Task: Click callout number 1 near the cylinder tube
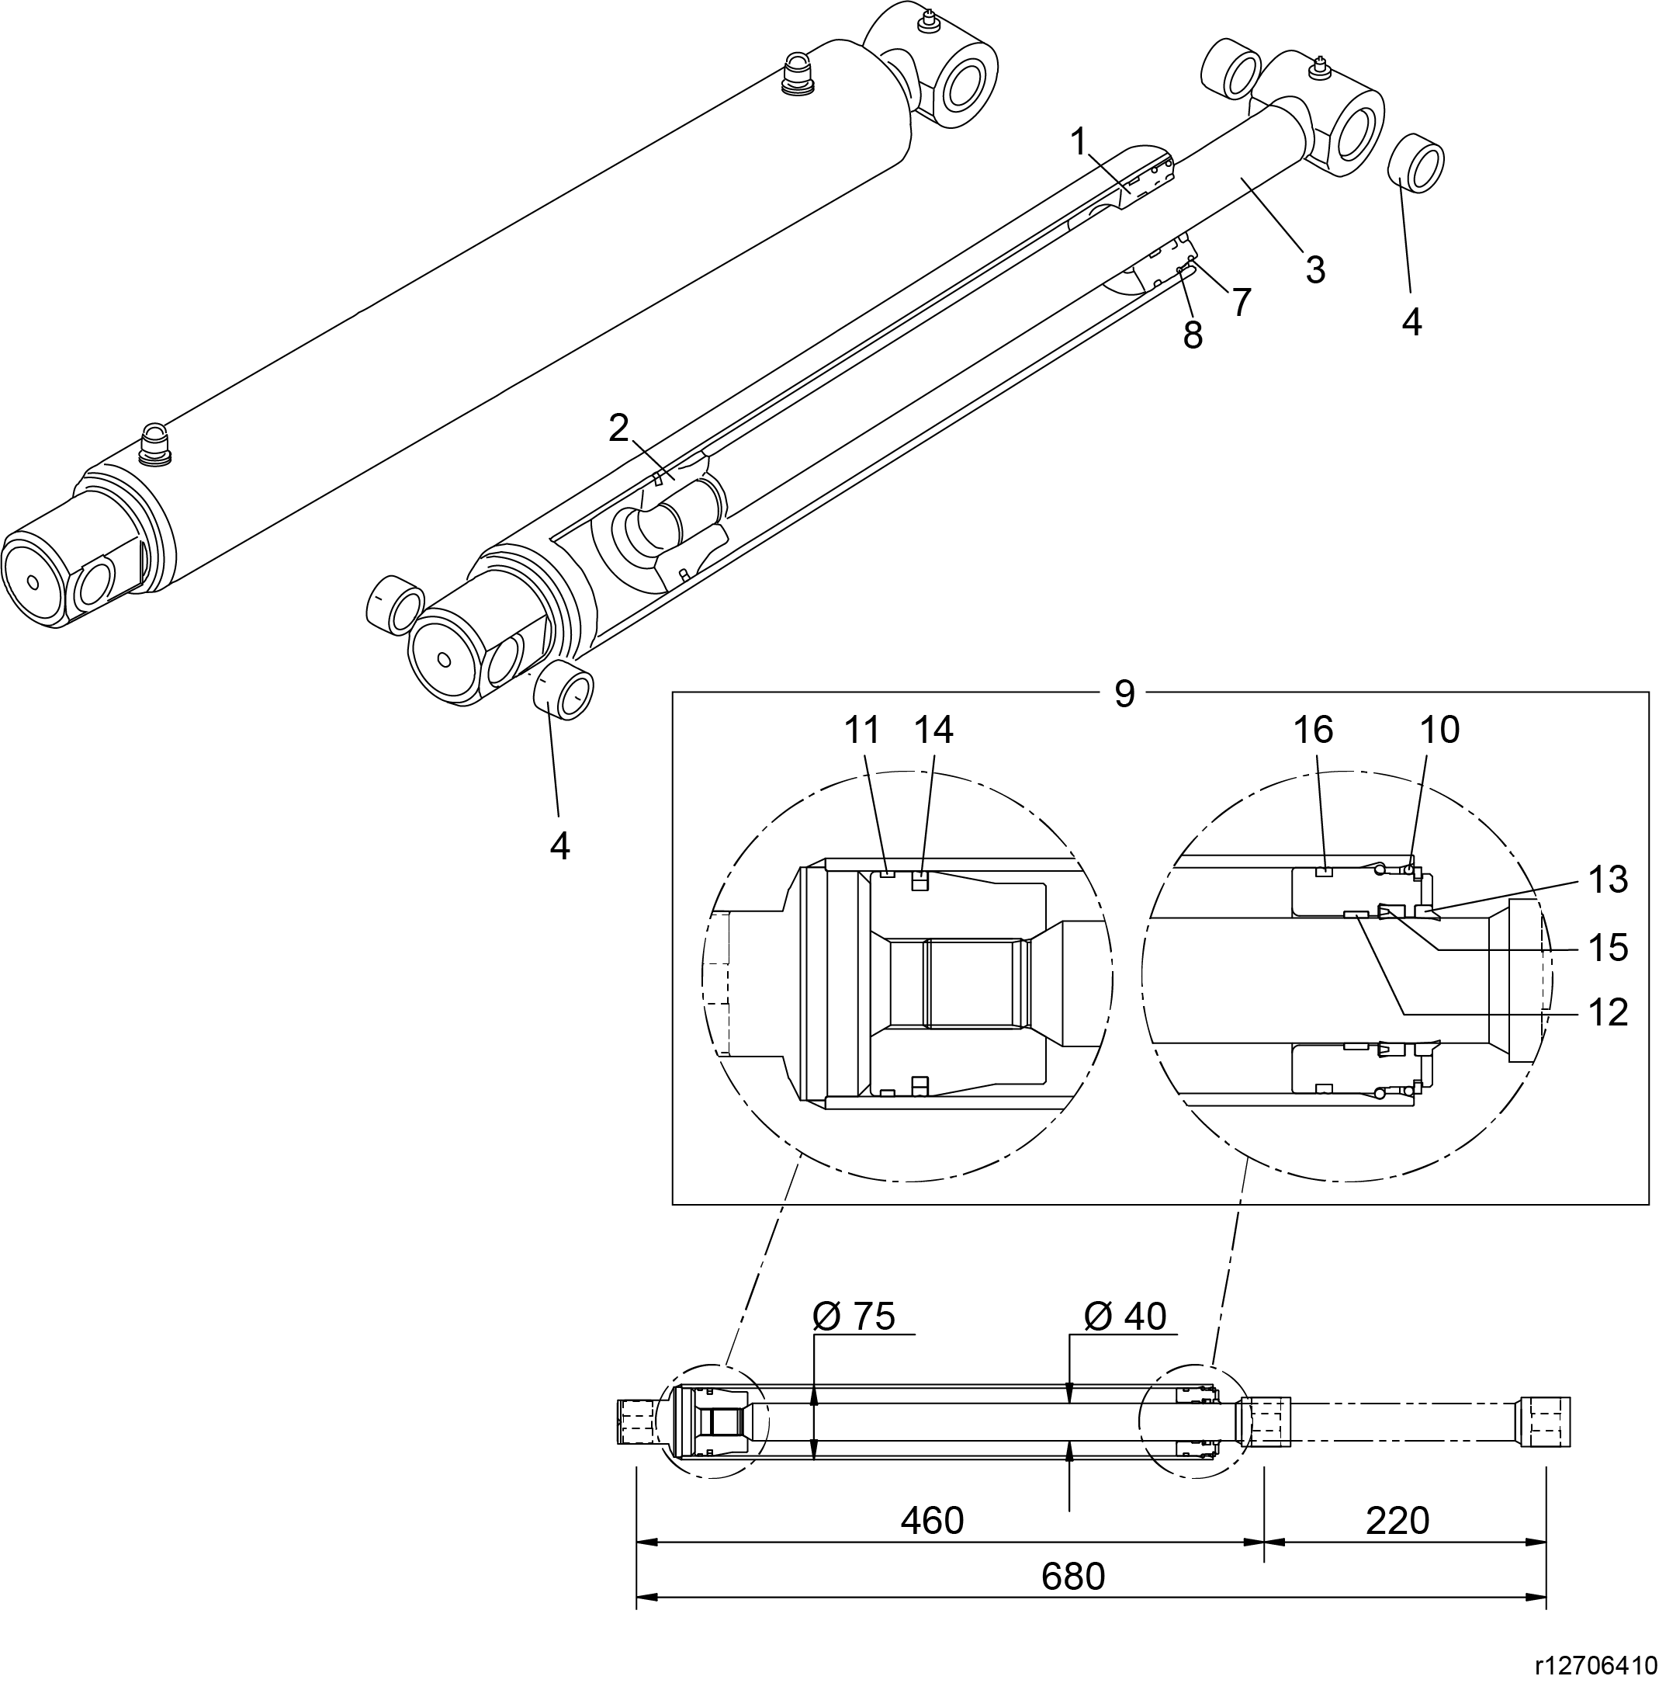1079,141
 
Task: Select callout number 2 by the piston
618,428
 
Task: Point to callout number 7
1241,302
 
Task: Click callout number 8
1192,335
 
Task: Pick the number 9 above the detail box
1124,694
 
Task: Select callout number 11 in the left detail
862,730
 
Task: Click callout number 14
933,730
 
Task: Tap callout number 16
1312,730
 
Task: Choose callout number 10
1439,730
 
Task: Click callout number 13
1608,880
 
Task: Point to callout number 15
1608,948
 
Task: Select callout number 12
1608,1013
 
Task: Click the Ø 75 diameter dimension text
854,1317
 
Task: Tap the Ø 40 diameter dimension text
1124,1317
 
